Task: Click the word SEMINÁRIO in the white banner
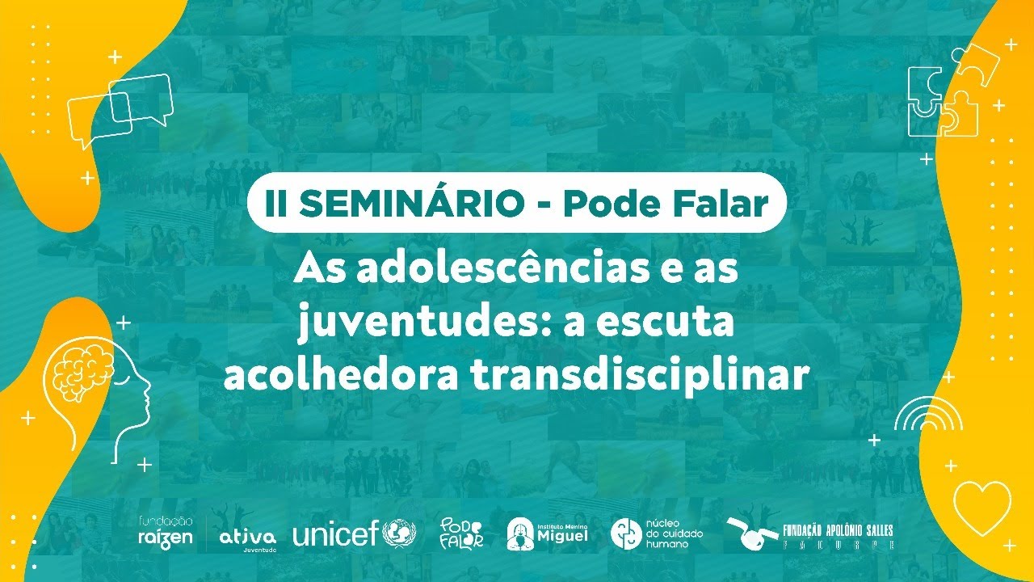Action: coord(412,204)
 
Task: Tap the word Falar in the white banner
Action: coord(724,204)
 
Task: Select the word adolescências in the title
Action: coord(478,269)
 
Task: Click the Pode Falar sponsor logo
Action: coord(461,533)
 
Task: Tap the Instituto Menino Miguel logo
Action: coord(547,533)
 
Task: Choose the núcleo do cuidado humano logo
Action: coord(657,533)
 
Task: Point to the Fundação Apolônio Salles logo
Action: coord(810,533)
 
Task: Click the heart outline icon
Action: coord(981,508)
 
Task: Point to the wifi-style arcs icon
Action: coord(928,415)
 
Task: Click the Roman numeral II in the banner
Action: coord(277,204)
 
